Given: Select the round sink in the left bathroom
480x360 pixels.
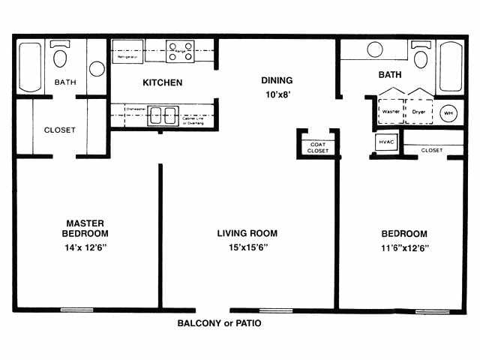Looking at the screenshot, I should [97, 68].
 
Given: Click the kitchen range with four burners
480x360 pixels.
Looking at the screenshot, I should [180, 50].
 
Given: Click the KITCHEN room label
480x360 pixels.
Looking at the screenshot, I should [163, 82].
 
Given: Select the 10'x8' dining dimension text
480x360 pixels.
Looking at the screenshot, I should [276, 94].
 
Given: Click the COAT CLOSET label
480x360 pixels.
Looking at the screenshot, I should [317, 146].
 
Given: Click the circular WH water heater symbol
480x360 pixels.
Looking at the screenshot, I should [448, 112].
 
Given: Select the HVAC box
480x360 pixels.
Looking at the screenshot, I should [385, 142].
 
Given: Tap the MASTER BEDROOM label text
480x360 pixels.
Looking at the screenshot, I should [84, 228].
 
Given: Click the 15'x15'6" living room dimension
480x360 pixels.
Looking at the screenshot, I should [242, 247].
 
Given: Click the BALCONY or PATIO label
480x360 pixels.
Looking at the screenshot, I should [219, 324].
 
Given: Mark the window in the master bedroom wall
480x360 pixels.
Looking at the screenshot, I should [76, 309].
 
